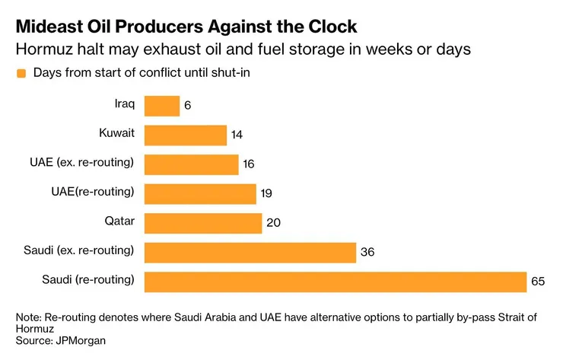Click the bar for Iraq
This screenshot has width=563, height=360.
tap(161, 106)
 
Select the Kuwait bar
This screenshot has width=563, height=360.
tap(185, 135)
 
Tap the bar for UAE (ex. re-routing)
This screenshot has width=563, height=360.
tap(191, 164)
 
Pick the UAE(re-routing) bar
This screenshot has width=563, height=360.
tap(199, 193)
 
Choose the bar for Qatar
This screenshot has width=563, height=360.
tap(202, 223)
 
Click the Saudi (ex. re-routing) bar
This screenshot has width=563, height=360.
tap(250, 252)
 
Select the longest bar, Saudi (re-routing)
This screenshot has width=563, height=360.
tap(335, 282)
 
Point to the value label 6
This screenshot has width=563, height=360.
tap(188, 106)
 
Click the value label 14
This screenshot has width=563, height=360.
tap(237, 135)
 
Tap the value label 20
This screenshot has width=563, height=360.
tap(272, 223)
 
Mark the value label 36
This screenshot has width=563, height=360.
tap(367, 252)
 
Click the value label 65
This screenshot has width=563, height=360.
tap(538, 282)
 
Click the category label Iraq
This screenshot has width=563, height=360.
tap(124, 104)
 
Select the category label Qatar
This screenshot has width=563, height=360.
tap(119, 221)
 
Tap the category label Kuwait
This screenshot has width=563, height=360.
tap(116, 133)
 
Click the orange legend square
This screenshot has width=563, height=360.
tap(21, 73)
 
